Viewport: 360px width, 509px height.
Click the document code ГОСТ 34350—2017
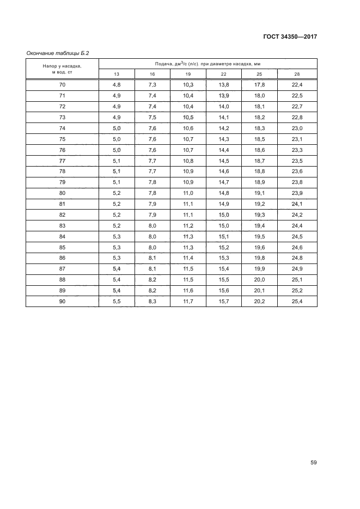tap(289, 36)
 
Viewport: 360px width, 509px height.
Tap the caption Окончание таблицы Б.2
tap(58, 53)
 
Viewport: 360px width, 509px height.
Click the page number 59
tap(313, 463)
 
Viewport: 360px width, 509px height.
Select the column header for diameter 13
tap(117, 74)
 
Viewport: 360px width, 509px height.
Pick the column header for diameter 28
tap(297, 74)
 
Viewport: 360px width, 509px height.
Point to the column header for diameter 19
tap(188, 74)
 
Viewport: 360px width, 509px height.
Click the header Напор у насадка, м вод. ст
tap(62, 69)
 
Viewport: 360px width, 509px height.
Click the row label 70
tap(62, 85)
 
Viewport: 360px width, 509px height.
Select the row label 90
tap(62, 301)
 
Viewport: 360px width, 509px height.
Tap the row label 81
tap(62, 204)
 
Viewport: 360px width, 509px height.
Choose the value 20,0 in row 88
tap(259, 279)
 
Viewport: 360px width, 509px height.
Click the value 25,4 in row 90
tap(297, 301)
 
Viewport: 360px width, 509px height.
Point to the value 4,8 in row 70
tap(117, 85)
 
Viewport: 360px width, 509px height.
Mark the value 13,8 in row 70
tap(224, 85)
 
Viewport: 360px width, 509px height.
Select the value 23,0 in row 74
tap(297, 128)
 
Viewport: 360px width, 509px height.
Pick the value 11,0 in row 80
tap(188, 193)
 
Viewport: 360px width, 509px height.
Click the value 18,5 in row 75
tap(259, 139)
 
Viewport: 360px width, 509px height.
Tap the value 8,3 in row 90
tap(152, 301)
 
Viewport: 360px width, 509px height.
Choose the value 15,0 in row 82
tap(224, 214)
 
